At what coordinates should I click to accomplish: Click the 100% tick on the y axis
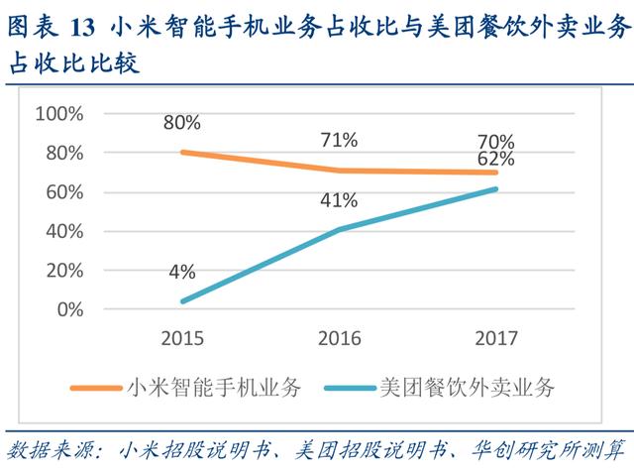(58, 114)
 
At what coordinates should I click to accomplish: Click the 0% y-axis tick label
(68, 309)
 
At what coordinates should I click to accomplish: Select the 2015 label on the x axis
(183, 338)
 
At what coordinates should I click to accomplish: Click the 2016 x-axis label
(339, 338)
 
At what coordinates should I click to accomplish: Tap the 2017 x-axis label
(494, 338)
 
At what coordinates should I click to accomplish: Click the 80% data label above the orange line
(183, 123)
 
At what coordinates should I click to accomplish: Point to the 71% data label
(339, 140)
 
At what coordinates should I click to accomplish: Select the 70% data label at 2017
(494, 141)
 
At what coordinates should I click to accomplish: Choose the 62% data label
(494, 159)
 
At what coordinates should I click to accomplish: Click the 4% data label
(183, 272)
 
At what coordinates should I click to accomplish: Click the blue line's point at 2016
(339, 229)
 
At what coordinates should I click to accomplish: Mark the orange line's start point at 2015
(183, 152)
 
